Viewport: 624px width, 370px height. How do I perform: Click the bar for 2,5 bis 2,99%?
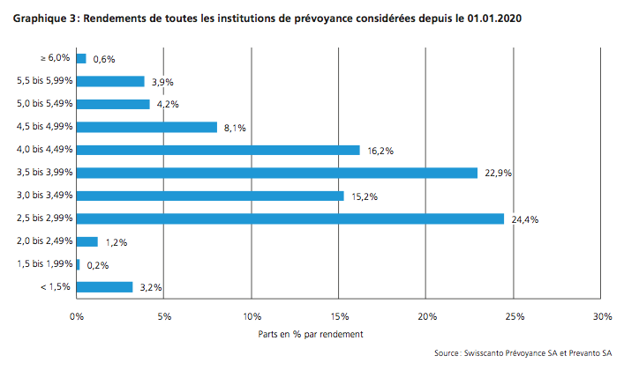[290, 218]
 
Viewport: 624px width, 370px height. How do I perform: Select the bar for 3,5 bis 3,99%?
[277, 173]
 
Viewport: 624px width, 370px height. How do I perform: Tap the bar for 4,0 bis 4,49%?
[219, 150]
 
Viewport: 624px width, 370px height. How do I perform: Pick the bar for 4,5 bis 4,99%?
[147, 127]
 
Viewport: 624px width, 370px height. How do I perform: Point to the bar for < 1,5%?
[105, 287]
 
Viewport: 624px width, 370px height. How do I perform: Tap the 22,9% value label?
[498, 174]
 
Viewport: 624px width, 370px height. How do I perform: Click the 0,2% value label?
[98, 265]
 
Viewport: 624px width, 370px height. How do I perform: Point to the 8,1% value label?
[234, 129]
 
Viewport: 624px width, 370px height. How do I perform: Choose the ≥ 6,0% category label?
[55, 58]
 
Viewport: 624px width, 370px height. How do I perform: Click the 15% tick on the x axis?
[339, 316]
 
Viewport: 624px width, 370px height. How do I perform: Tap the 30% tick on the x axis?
[602, 316]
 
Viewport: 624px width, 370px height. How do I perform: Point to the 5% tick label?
[164, 316]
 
